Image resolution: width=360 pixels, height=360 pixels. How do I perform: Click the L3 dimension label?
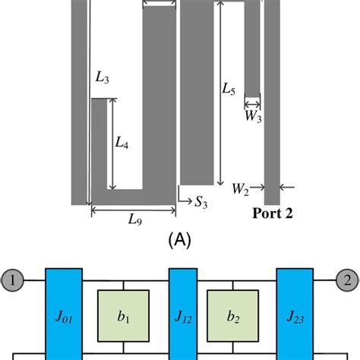(x=103, y=77)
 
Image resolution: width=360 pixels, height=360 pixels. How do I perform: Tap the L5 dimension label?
(x=229, y=90)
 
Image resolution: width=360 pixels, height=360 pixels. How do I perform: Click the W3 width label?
(x=252, y=116)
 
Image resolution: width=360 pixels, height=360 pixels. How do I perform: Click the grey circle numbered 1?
(x=13, y=281)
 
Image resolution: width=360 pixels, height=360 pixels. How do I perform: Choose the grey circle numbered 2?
(x=346, y=281)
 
